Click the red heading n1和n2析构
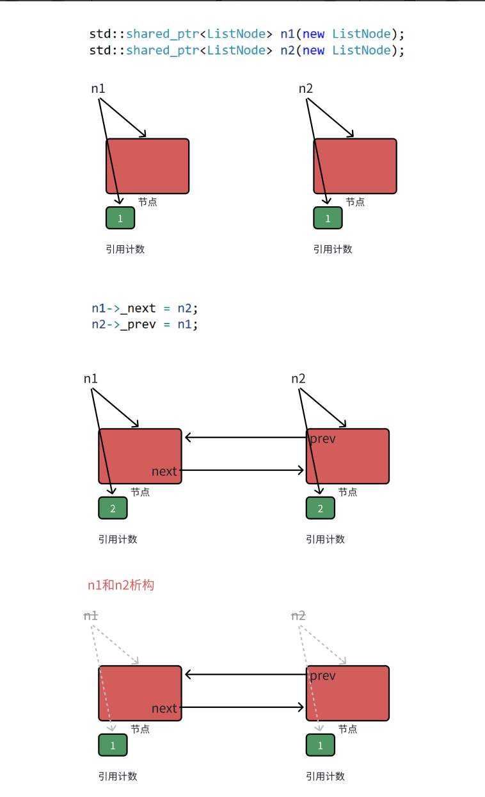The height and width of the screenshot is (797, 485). pos(121,585)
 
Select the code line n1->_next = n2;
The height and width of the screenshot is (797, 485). pos(145,308)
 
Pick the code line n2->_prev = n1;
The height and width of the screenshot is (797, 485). pos(145,324)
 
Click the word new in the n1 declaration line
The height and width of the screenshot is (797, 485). pos(314,33)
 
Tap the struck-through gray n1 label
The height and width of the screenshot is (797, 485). pos(91,616)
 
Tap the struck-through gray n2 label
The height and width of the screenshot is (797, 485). pos(298,616)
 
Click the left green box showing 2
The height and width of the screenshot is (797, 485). pos(113,508)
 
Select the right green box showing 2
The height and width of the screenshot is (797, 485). pos(321,508)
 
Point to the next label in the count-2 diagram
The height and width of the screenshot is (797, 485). pos(164,472)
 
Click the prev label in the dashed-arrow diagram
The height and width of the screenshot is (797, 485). pos(322,676)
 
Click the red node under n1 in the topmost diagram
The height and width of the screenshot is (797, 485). pos(148,166)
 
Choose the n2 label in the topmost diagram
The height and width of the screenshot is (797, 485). pos(306,88)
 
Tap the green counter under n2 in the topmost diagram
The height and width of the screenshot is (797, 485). pos(328,218)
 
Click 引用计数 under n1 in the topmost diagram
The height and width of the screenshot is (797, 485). pos(125,249)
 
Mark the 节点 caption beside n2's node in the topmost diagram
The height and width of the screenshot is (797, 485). pos(355,202)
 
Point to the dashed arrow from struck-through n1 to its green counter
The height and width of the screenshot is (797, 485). pos(102,679)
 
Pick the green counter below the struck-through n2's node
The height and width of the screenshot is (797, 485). pos(321,745)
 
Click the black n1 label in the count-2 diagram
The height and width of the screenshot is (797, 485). pos(91,379)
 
